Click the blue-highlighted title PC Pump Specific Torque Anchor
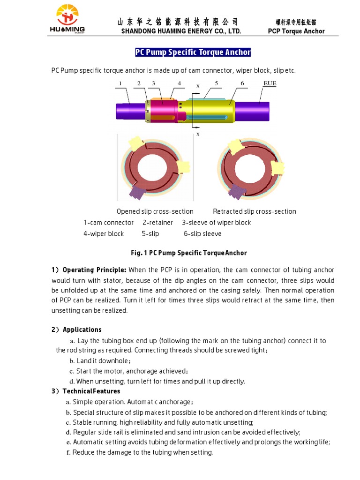(193, 52)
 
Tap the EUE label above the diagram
(270, 83)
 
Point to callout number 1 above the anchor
(120, 83)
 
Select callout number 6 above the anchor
(242, 83)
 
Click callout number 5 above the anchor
(216, 83)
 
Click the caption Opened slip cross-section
(155, 211)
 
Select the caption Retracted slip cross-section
(254, 211)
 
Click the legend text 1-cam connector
(108, 223)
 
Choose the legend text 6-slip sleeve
(202, 233)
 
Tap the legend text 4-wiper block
(104, 233)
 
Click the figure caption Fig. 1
(188, 253)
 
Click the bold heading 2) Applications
(76, 330)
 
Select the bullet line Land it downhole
(100, 361)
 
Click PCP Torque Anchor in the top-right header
(296, 31)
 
